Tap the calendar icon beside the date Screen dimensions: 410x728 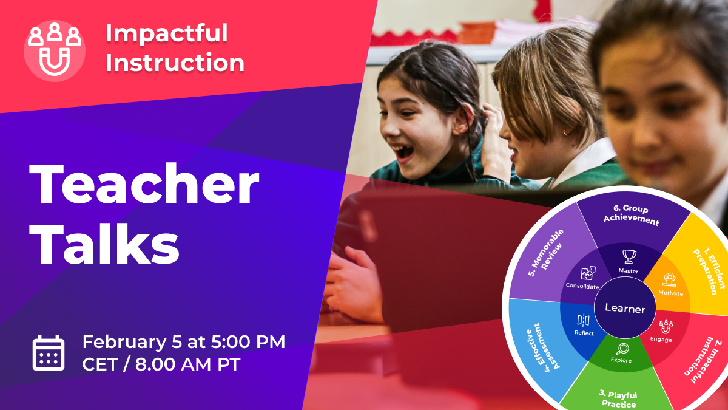click(49, 353)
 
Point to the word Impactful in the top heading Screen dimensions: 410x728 click(167, 33)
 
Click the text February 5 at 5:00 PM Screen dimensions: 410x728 click(184, 341)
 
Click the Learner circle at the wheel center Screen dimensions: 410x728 click(625, 309)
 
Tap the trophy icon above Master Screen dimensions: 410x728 click(629, 256)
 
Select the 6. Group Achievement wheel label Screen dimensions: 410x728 click(631, 215)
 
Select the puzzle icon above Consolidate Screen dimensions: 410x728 click(588, 273)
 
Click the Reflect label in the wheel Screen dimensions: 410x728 click(584, 333)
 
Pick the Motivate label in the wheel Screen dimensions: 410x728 click(670, 293)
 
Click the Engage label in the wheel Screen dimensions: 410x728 click(661, 340)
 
